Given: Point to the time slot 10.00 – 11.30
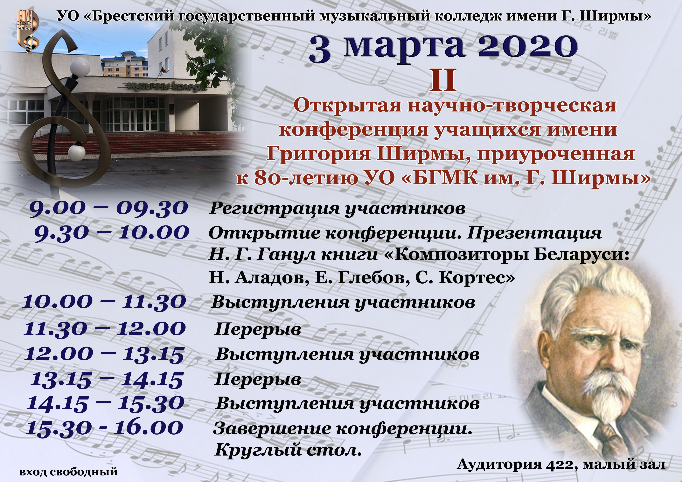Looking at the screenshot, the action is (105, 302).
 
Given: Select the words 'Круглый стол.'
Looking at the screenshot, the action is (288, 450).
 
